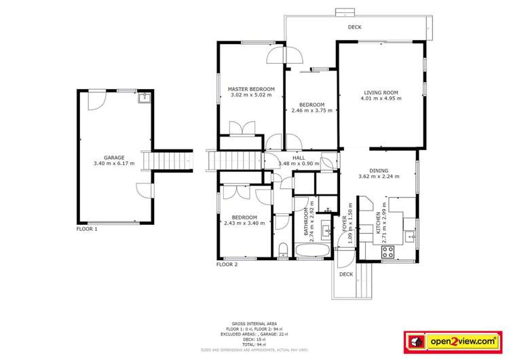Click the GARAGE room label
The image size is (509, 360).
(114, 158)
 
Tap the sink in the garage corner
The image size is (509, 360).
(143, 98)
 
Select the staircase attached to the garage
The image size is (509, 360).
(174, 160)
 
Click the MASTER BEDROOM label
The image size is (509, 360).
(251, 89)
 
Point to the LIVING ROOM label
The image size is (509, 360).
(381, 92)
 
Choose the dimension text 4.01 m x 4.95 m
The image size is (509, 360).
(381, 98)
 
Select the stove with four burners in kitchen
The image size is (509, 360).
(389, 252)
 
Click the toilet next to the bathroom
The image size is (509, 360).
(282, 249)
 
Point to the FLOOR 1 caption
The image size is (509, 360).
(87, 230)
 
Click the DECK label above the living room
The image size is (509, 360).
(354, 27)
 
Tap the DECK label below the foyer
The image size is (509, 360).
(346, 274)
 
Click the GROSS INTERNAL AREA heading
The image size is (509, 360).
(254, 323)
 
